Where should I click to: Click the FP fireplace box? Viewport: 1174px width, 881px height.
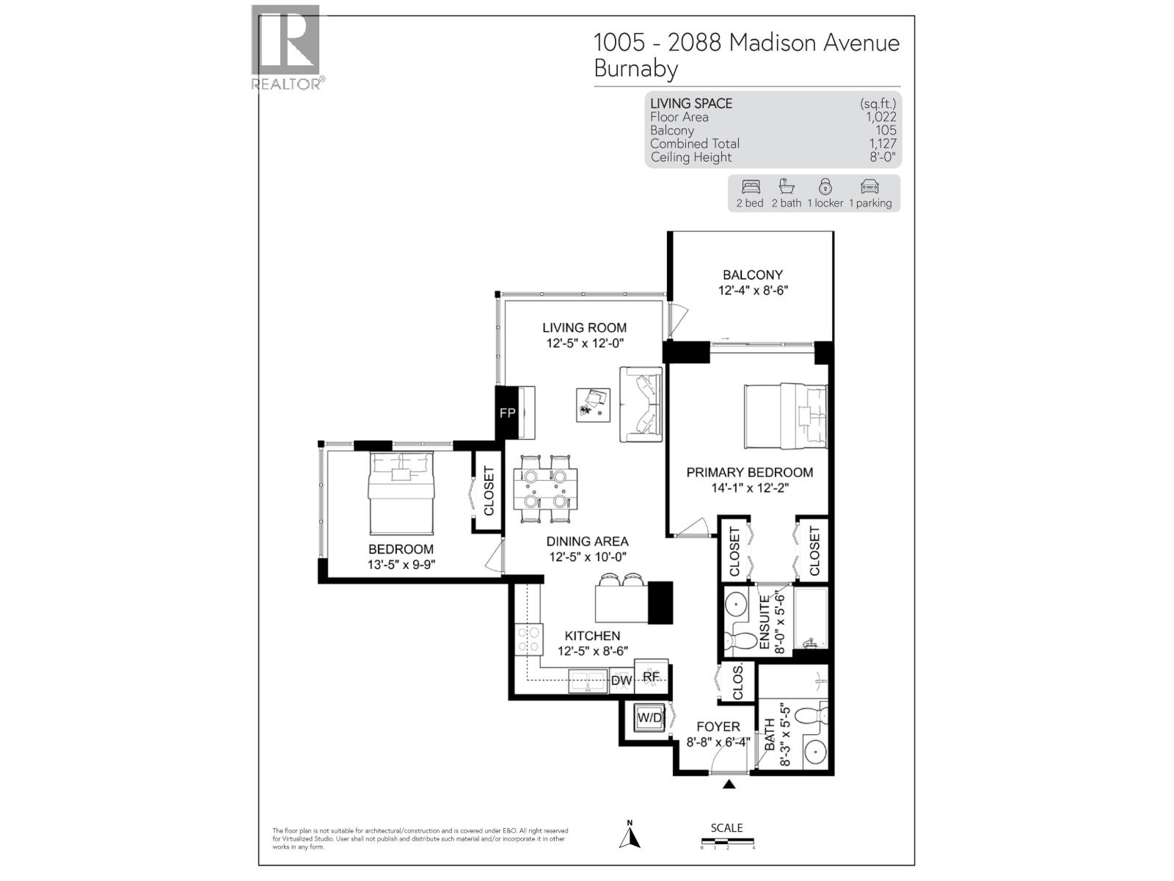tap(507, 413)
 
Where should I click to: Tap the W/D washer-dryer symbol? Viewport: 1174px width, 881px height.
tap(649, 717)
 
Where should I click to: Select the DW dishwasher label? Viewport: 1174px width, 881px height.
tap(621, 681)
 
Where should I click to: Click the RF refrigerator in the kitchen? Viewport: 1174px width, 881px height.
tap(651, 676)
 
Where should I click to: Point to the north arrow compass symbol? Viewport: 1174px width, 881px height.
tap(630, 836)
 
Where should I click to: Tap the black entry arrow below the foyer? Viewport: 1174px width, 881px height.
tap(729, 785)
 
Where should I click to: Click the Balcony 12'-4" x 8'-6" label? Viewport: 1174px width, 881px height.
tap(753, 283)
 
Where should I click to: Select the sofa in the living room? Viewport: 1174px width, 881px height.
tap(641, 404)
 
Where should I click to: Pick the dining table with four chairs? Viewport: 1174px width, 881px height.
tap(544, 489)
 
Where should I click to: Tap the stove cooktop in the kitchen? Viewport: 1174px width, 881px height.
tap(528, 638)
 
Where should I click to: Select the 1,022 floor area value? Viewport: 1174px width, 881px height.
tap(880, 117)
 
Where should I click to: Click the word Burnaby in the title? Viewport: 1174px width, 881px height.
tap(635, 69)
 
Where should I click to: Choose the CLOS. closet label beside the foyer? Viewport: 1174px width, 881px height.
tap(738, 682)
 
